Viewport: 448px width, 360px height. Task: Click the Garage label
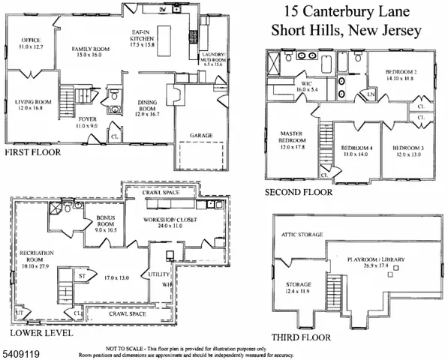200,135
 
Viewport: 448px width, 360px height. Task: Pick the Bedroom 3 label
408,150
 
